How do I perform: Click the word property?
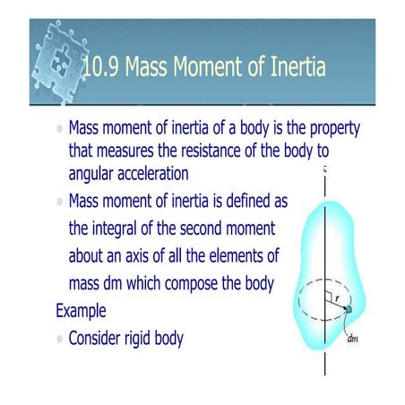(329, 129)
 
